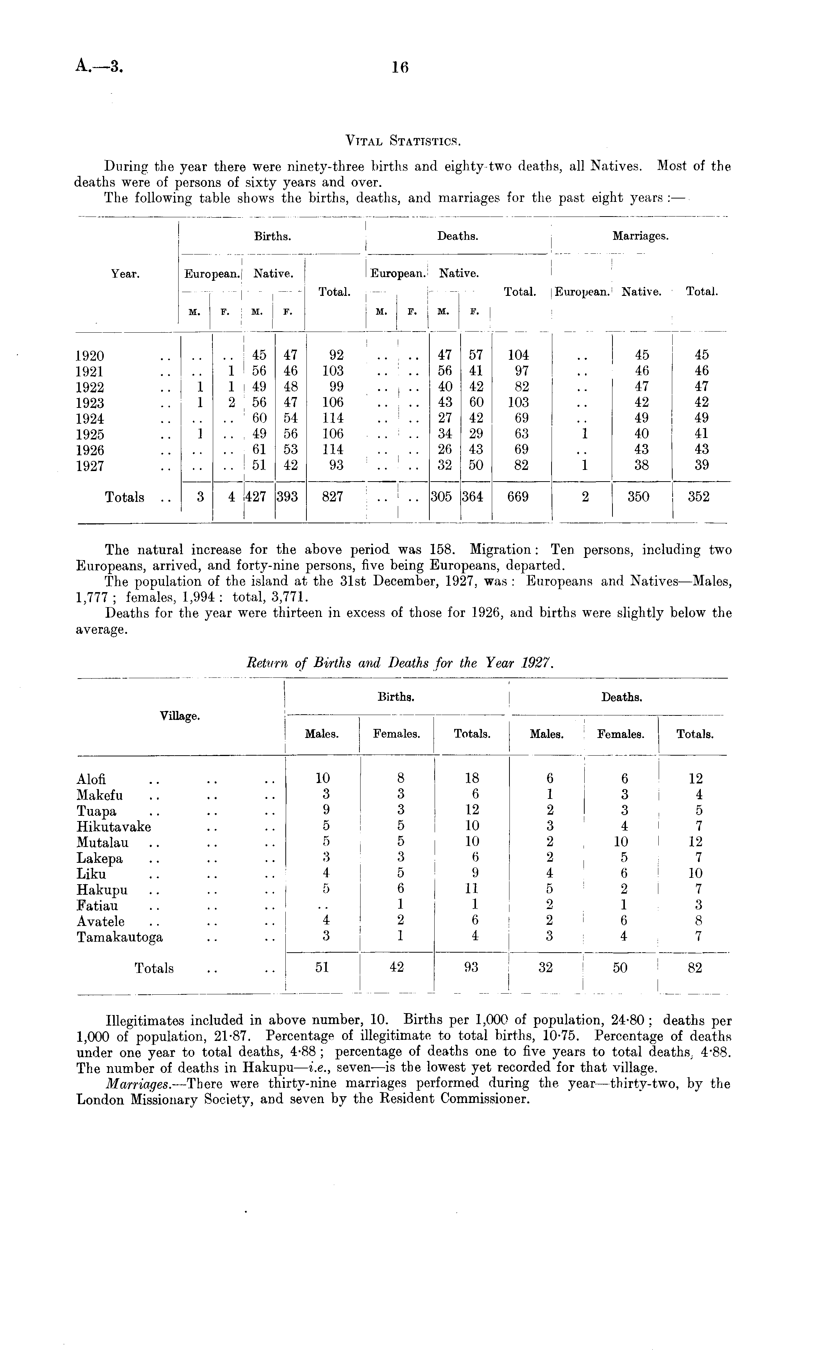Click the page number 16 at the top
tap(400, 67)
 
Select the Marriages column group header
tap(640, 236)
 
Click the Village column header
tap(180, 716)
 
